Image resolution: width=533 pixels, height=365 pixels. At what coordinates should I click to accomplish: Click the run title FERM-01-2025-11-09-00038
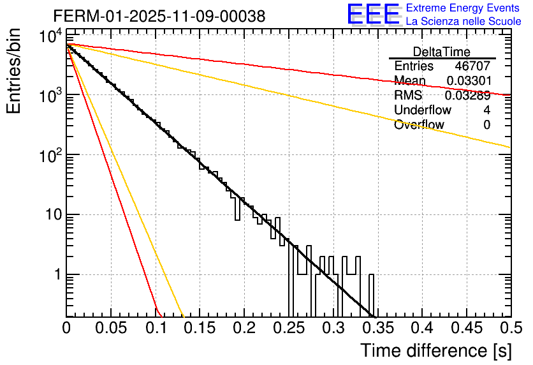[x=159, y=17]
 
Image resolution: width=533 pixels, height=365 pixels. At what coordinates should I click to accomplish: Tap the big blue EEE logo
[x=373, y=15]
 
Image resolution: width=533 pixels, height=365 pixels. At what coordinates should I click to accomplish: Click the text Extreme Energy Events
[x=464, y=8]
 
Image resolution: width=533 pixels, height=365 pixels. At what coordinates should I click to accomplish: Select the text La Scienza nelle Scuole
[x=464, y=22]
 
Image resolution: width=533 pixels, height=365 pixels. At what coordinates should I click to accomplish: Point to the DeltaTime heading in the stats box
[x=442, y=52]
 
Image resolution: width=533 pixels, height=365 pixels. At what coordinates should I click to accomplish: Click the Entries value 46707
[x=472, y=66]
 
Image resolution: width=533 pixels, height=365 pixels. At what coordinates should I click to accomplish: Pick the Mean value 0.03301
[x=468, y=81]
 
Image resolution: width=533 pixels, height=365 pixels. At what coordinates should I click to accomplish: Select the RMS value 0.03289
[x=468, y=96]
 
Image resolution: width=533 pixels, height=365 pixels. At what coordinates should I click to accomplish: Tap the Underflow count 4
[x=486, y=110]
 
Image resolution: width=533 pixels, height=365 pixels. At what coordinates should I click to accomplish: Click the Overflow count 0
[x=486, y=125]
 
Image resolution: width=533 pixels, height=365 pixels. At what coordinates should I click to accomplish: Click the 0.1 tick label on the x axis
[x=156, y=329]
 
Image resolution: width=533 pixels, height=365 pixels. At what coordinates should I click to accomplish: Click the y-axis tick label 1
[x=57, y=275]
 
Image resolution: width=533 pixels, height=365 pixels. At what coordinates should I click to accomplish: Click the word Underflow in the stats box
[x=423, y=110]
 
